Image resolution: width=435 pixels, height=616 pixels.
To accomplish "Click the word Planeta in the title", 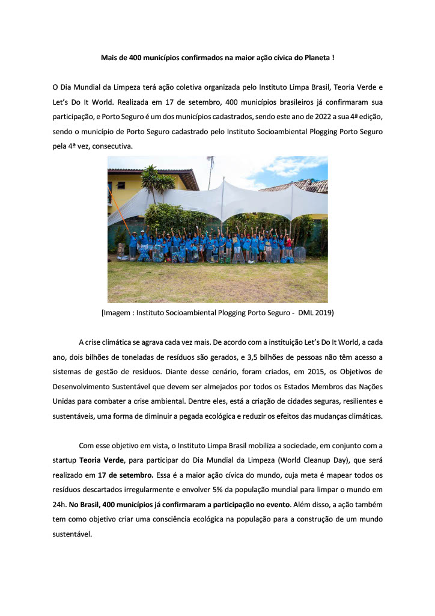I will pos(313,58).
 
